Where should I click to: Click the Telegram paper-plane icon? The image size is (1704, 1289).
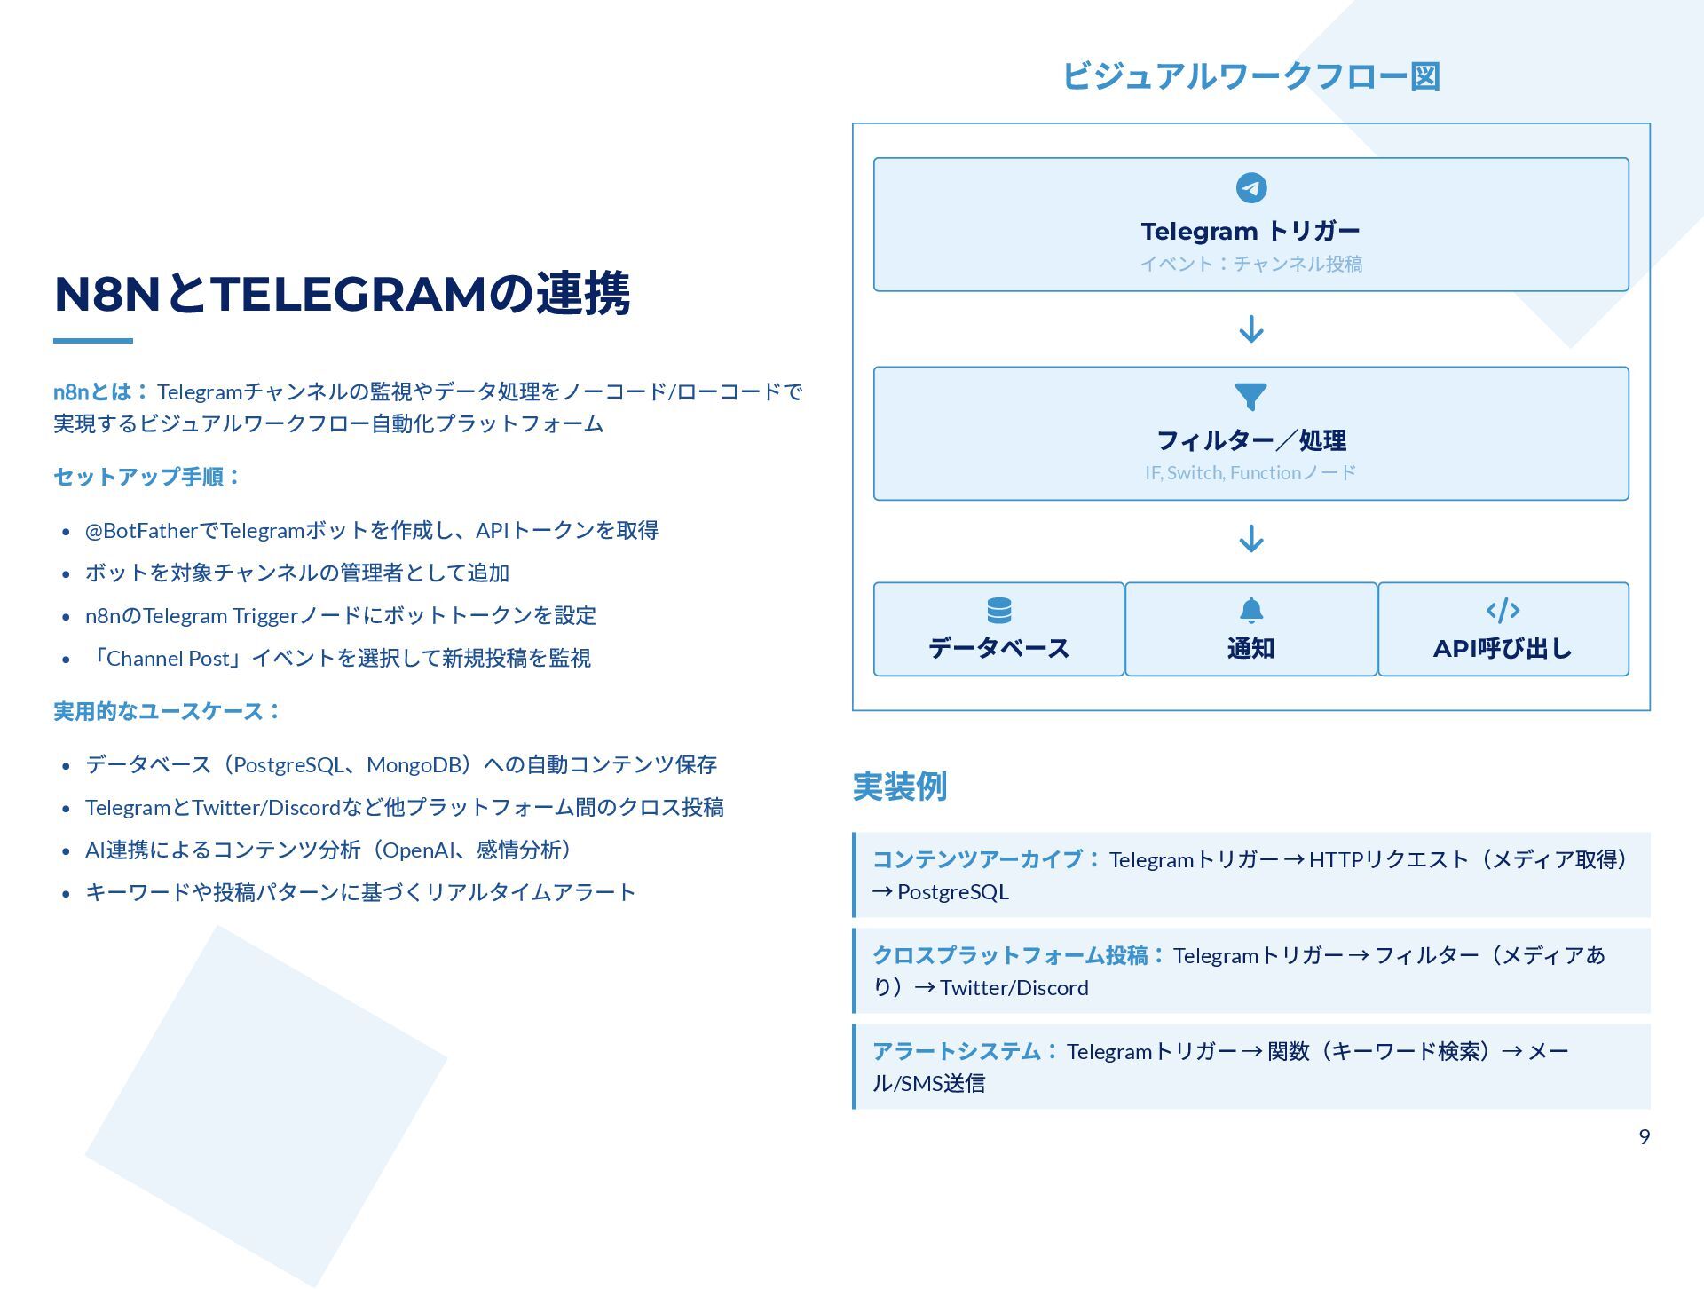coord(1250,188)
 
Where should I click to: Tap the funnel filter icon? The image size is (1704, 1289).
coord(1250,396)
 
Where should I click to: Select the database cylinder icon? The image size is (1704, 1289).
coord(998,611)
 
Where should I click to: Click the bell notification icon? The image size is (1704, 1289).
coord(1250,611)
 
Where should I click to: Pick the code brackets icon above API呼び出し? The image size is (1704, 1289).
coord(1503,611)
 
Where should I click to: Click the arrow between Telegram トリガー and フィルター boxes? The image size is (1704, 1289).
coord(1250,329)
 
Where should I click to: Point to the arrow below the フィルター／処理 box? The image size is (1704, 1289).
coord(1250,539)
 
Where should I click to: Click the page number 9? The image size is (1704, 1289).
coord(1644,1137)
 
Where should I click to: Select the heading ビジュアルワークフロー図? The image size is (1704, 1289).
coord(1250,76)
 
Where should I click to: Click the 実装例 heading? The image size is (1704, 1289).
coord(899,787)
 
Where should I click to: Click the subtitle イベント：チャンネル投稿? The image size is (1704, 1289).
coord(1250,264)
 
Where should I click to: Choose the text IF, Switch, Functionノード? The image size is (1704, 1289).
coord(1250,472)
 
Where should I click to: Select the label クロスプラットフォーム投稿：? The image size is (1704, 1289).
coord(1018,955)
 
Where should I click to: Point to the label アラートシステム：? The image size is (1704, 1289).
coord(965,1051)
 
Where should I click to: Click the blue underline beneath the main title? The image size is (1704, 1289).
coord(93,341)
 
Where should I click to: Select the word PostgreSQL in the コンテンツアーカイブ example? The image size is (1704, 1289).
coord(952,892)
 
